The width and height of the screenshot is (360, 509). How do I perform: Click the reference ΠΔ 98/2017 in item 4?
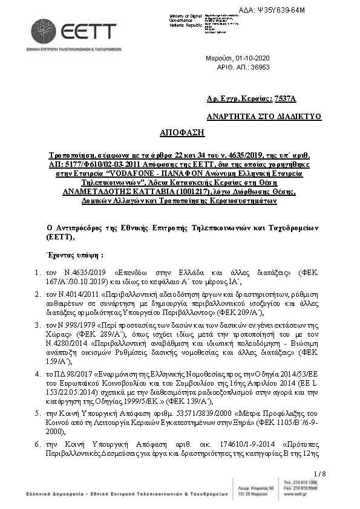pyautogui.click(x=80, y=365)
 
